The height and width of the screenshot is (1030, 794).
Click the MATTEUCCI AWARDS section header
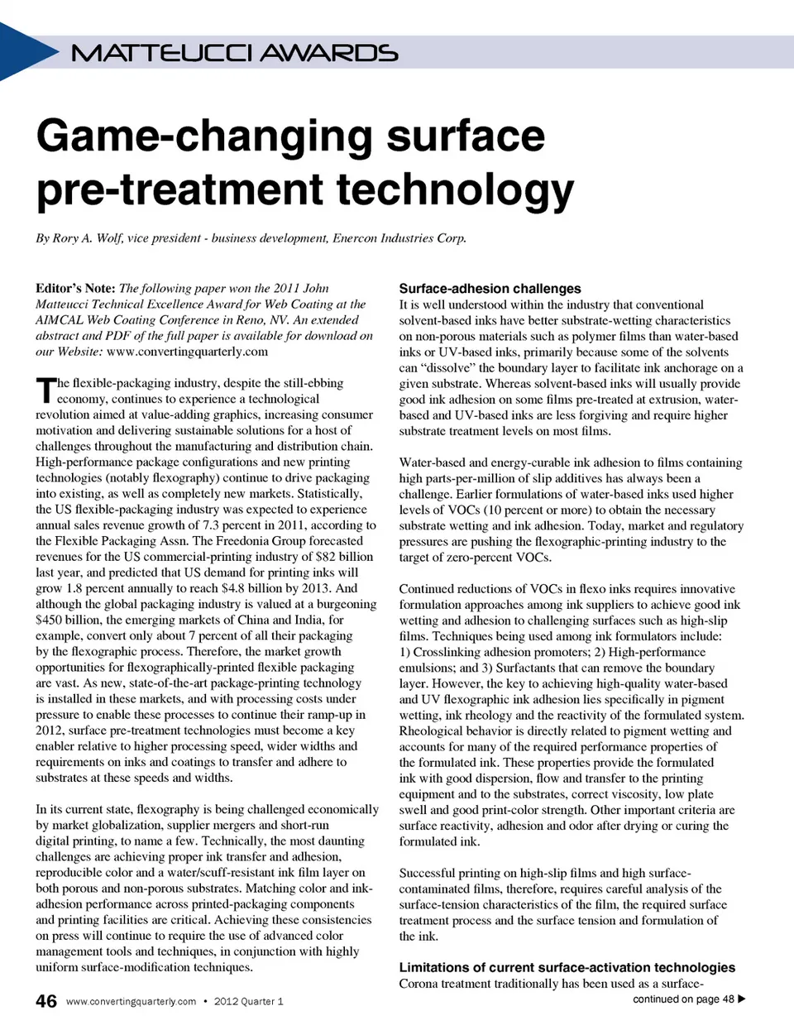(234, 54)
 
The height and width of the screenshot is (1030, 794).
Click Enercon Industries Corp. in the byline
(399, 238)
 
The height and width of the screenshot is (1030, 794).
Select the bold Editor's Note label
(75, 289)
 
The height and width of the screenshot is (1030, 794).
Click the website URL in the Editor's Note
(187, 352)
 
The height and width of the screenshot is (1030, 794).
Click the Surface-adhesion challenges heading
(490, 289)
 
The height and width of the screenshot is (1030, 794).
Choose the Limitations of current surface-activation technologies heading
(567, 968)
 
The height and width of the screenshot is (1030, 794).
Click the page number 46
(46, 1001)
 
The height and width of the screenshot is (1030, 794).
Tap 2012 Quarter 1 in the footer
(248, 1002)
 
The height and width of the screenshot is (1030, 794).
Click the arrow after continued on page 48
(742, 999)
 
